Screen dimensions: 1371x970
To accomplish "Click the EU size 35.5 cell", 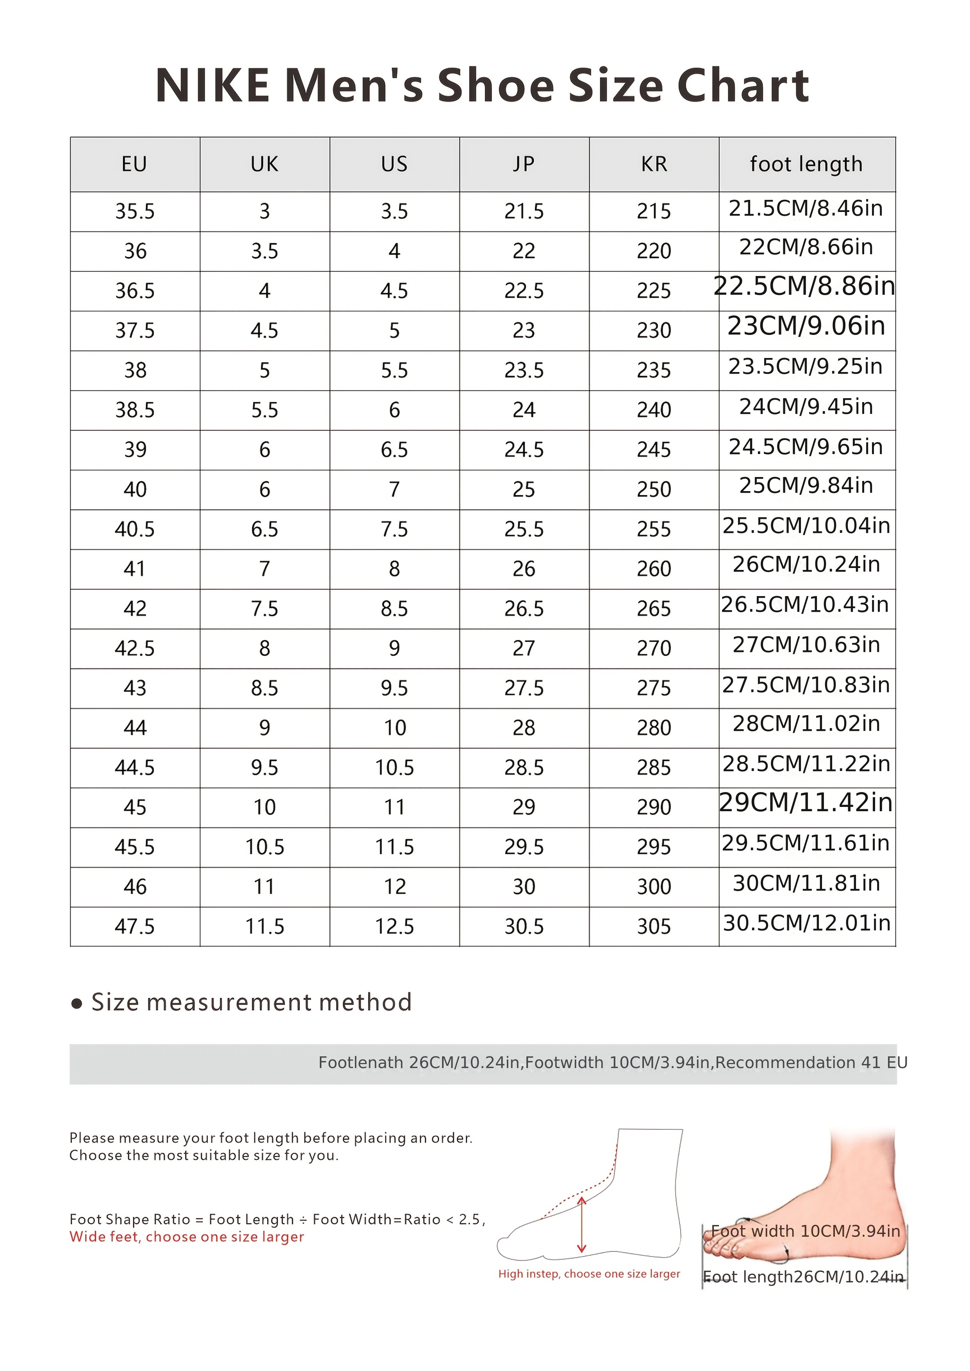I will pos(135,211).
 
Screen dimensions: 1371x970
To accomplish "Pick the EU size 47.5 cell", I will pos(135,926).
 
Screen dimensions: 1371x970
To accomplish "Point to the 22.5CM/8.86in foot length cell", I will pos(804,287).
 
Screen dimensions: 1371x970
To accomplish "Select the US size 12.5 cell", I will pos(394,926).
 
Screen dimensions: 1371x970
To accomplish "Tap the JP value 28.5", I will pos(524,767).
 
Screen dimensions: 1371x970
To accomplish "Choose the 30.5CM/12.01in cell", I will pos(806,923).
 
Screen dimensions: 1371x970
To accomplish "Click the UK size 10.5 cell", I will pos(265,847).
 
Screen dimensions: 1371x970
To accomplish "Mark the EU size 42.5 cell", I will pos(135,648).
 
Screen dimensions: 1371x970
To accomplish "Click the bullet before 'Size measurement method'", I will pos(77,1004).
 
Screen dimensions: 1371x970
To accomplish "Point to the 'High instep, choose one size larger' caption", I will pos(589,1274).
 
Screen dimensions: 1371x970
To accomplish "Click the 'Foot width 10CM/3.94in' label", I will pos(805,1231).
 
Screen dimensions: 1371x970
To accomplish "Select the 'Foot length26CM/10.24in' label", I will pos(803,1277).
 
